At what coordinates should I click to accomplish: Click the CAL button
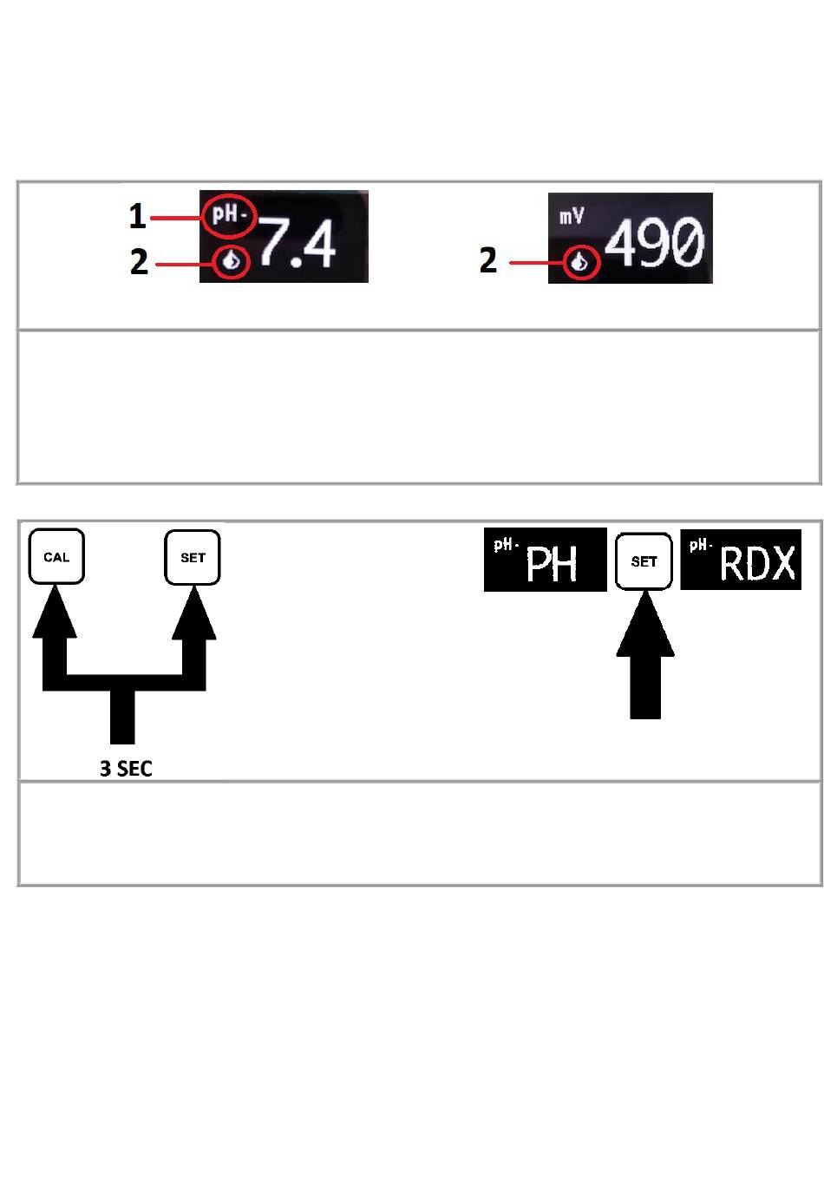click(x=56, y=557)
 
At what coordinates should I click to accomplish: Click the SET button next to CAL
click(x=193, y=557)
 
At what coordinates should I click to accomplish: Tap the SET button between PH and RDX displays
click(x=644, y=561)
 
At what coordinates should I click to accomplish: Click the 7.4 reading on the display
click(x=298, y=244)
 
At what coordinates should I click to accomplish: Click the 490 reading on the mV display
click(x=655, y=242)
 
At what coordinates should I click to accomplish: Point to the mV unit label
click(x=572, y=215)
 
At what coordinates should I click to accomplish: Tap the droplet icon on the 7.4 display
click(x=232, y=260)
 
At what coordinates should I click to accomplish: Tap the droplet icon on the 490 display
click(x=580, y=262)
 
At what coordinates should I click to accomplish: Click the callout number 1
click(x=137, y=216)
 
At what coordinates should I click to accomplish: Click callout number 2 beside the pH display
click(x=139, y=261)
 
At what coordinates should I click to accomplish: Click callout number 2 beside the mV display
click(x=488, y=260)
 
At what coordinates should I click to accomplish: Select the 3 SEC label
click(x=126, y=769)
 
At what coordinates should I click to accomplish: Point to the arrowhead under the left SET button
click(x=193, y=611)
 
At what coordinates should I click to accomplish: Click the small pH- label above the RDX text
click(x=701, y=545)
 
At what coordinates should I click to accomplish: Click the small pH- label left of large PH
click(x=506, y=545)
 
